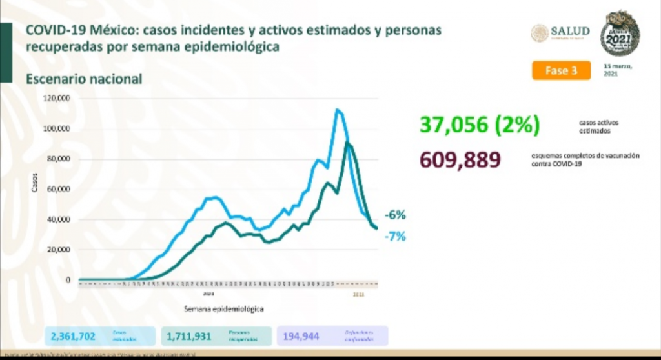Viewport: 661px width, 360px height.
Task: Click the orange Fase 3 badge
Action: [x=561, y=71]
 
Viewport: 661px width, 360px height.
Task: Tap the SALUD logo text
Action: [x=570, y=32]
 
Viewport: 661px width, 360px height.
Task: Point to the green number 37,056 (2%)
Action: [x=479, y=125]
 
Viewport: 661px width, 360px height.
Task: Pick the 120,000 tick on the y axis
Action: [x=57, y=99]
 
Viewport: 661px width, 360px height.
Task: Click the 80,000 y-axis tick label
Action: [x=59, y=159]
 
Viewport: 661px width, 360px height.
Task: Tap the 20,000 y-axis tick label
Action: [x=59, y=250]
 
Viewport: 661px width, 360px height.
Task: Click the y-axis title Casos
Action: [x=35, y=183]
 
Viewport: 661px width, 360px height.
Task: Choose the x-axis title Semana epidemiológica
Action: [x=223, y=309]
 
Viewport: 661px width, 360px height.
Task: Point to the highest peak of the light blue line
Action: [x=337, y=110]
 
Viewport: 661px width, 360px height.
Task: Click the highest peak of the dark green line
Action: [x=349, y=143]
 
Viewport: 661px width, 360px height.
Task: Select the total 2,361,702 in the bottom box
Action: [x=73, y=336]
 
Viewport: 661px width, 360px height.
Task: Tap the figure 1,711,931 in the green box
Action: [x=189, y=336]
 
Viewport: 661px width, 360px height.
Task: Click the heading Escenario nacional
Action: [x=84, y=79]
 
